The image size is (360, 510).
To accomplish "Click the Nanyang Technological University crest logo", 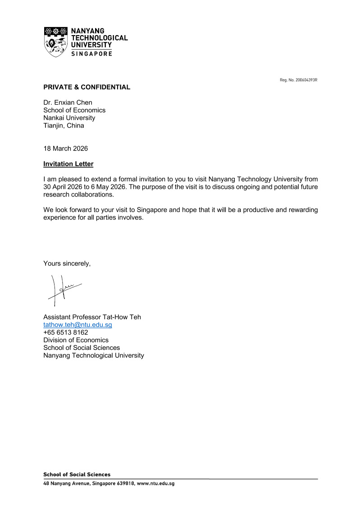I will [56, 41].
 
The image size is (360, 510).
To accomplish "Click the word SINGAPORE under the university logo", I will [92, 54].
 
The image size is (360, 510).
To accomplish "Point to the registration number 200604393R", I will [306, 80].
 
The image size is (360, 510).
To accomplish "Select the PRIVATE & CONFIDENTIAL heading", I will [87, 87].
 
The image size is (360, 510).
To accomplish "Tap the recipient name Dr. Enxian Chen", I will [68, 102].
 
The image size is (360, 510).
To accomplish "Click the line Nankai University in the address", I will [69, 118].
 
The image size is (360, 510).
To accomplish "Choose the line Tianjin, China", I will [64, 125].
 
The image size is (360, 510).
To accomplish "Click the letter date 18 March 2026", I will [65, 148].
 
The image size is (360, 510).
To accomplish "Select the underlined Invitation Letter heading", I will [68, 164].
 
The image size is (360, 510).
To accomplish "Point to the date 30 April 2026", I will [63, 187].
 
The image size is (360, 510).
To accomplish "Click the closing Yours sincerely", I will [67, 263].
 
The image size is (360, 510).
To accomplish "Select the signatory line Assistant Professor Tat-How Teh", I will [92, 317].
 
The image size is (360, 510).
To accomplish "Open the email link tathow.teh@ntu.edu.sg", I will [77, 325].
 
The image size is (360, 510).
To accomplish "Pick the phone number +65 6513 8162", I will [65, 332].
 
